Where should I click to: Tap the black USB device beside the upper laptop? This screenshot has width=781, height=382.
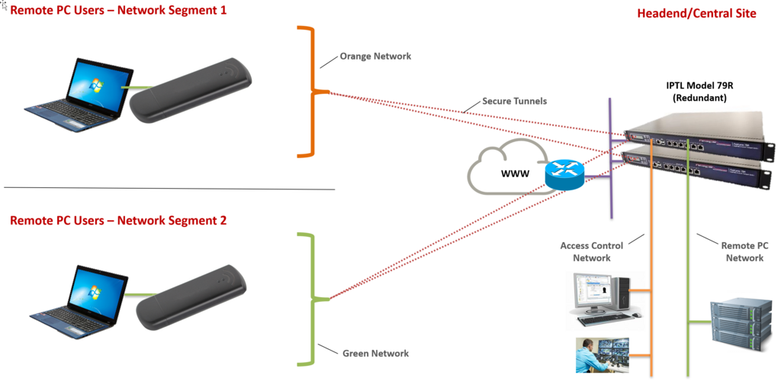[x=191, y=90]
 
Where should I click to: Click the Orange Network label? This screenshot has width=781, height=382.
[x=375, y=57]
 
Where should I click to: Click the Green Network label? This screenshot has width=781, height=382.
[x=375, y=353]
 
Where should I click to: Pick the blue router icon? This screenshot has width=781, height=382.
[x=564, y=175]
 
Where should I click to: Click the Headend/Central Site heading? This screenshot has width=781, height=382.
[x=696, y=14]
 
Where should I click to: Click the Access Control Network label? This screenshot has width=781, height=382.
[x=591, y=252]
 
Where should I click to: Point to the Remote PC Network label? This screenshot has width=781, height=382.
[x=744, y=252]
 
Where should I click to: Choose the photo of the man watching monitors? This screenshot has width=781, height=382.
[x=603, y=355]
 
